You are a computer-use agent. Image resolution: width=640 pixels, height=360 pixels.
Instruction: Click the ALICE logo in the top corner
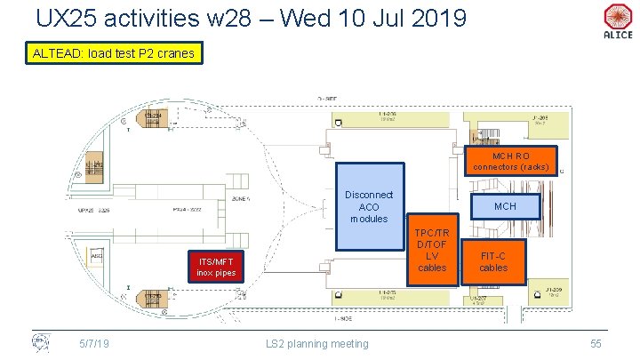[x=617, y=20]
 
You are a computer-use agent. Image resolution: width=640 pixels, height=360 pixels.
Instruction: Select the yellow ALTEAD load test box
[x=112, y=54]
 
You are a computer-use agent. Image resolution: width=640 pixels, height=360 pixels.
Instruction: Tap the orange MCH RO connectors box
[x=511, y=160]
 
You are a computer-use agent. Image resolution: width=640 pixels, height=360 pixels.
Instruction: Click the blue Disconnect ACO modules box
[x=369, y=206]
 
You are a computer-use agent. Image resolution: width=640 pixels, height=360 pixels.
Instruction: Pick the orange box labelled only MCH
[x=505, y=206]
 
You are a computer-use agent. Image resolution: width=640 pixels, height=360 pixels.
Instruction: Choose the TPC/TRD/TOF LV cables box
[x=433, y=249]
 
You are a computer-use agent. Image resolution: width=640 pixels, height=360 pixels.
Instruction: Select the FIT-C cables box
[x=493, y=260]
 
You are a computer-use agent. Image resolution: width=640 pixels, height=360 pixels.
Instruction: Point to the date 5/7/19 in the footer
[x=93, y=342]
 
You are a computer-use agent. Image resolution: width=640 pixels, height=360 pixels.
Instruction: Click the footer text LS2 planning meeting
[x=317, y=342]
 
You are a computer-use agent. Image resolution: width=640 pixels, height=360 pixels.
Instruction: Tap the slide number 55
[x=596, y=342]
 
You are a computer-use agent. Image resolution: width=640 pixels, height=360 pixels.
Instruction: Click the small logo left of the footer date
[x=41, y=341]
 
